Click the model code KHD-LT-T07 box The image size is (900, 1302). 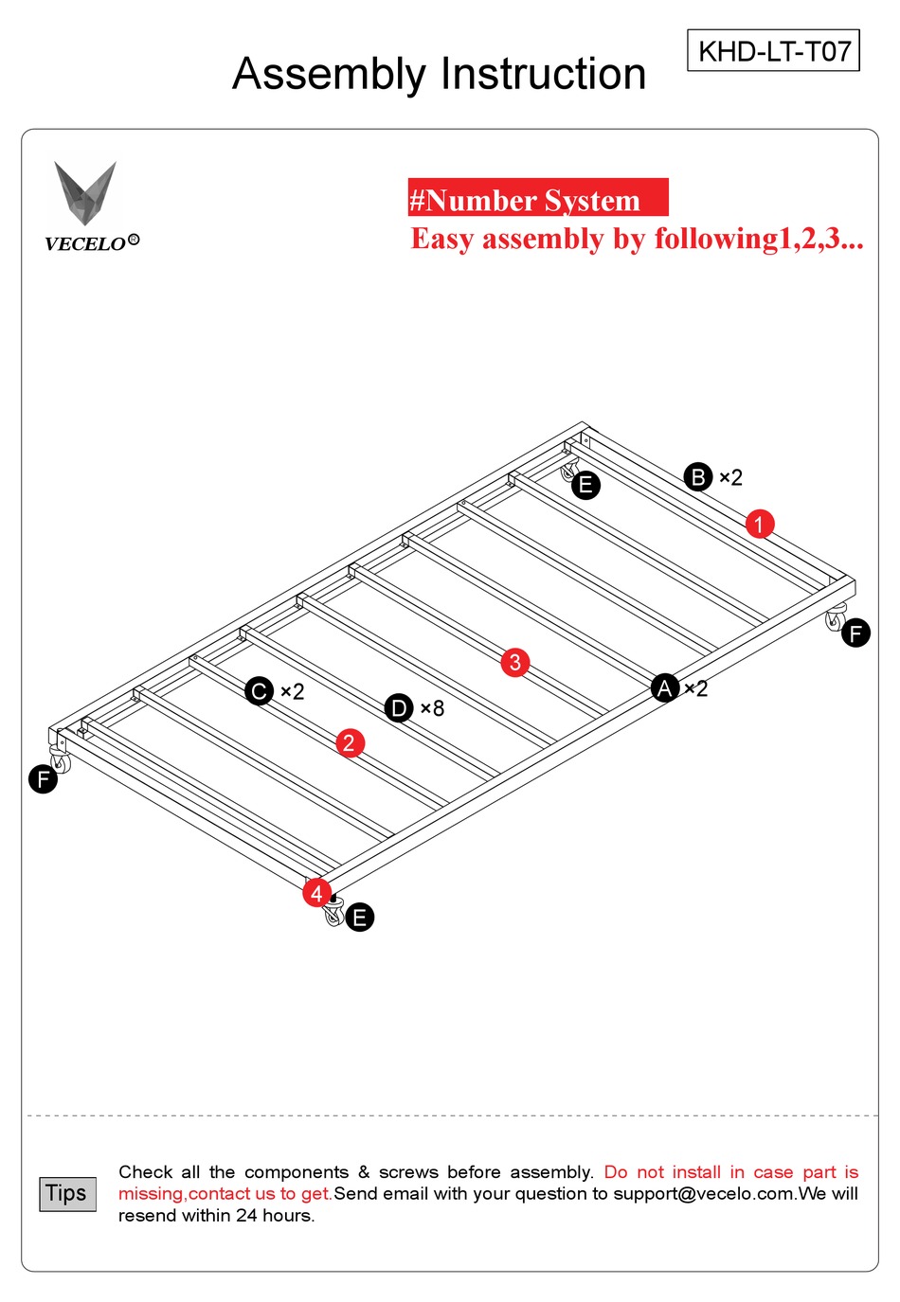773,50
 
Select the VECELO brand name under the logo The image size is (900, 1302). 86,243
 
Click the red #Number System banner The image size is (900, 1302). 537,198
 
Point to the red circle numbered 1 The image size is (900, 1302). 759,524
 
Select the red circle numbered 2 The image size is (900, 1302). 350,743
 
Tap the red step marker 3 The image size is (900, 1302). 514,662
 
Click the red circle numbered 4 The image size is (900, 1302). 316,892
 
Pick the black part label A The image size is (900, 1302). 665,688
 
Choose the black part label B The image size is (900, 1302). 698,477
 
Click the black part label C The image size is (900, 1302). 259,691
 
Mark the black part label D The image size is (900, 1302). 399,708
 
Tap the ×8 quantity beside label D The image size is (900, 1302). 433,708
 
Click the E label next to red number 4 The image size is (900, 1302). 359,918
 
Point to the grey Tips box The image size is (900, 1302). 66,1193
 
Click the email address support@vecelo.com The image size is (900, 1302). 704,1193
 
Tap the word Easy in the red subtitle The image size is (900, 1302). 442,239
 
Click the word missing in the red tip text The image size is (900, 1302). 151,1193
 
